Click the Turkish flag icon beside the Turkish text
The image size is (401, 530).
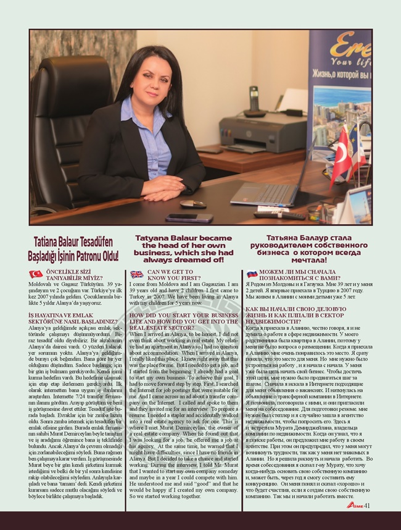(x=36, y=274)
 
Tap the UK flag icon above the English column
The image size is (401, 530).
(x=136, y=274)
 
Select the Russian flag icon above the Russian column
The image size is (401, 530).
(x=251, y=274)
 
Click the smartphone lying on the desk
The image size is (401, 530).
(x=189, y=217)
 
